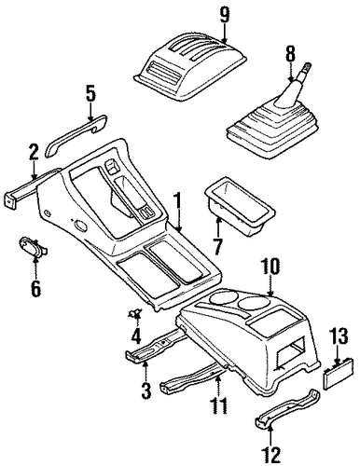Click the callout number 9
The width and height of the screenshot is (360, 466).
pos(225,15)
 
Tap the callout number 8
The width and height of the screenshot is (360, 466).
pos(290,53)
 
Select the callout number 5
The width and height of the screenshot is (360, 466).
pos(90,95)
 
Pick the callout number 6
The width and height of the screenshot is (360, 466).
pos(35,289)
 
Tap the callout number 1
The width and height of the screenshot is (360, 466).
pos(177,201)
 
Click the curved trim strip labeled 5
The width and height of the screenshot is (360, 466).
pos(76,135)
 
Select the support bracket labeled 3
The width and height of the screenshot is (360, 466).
pos(156,346)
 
